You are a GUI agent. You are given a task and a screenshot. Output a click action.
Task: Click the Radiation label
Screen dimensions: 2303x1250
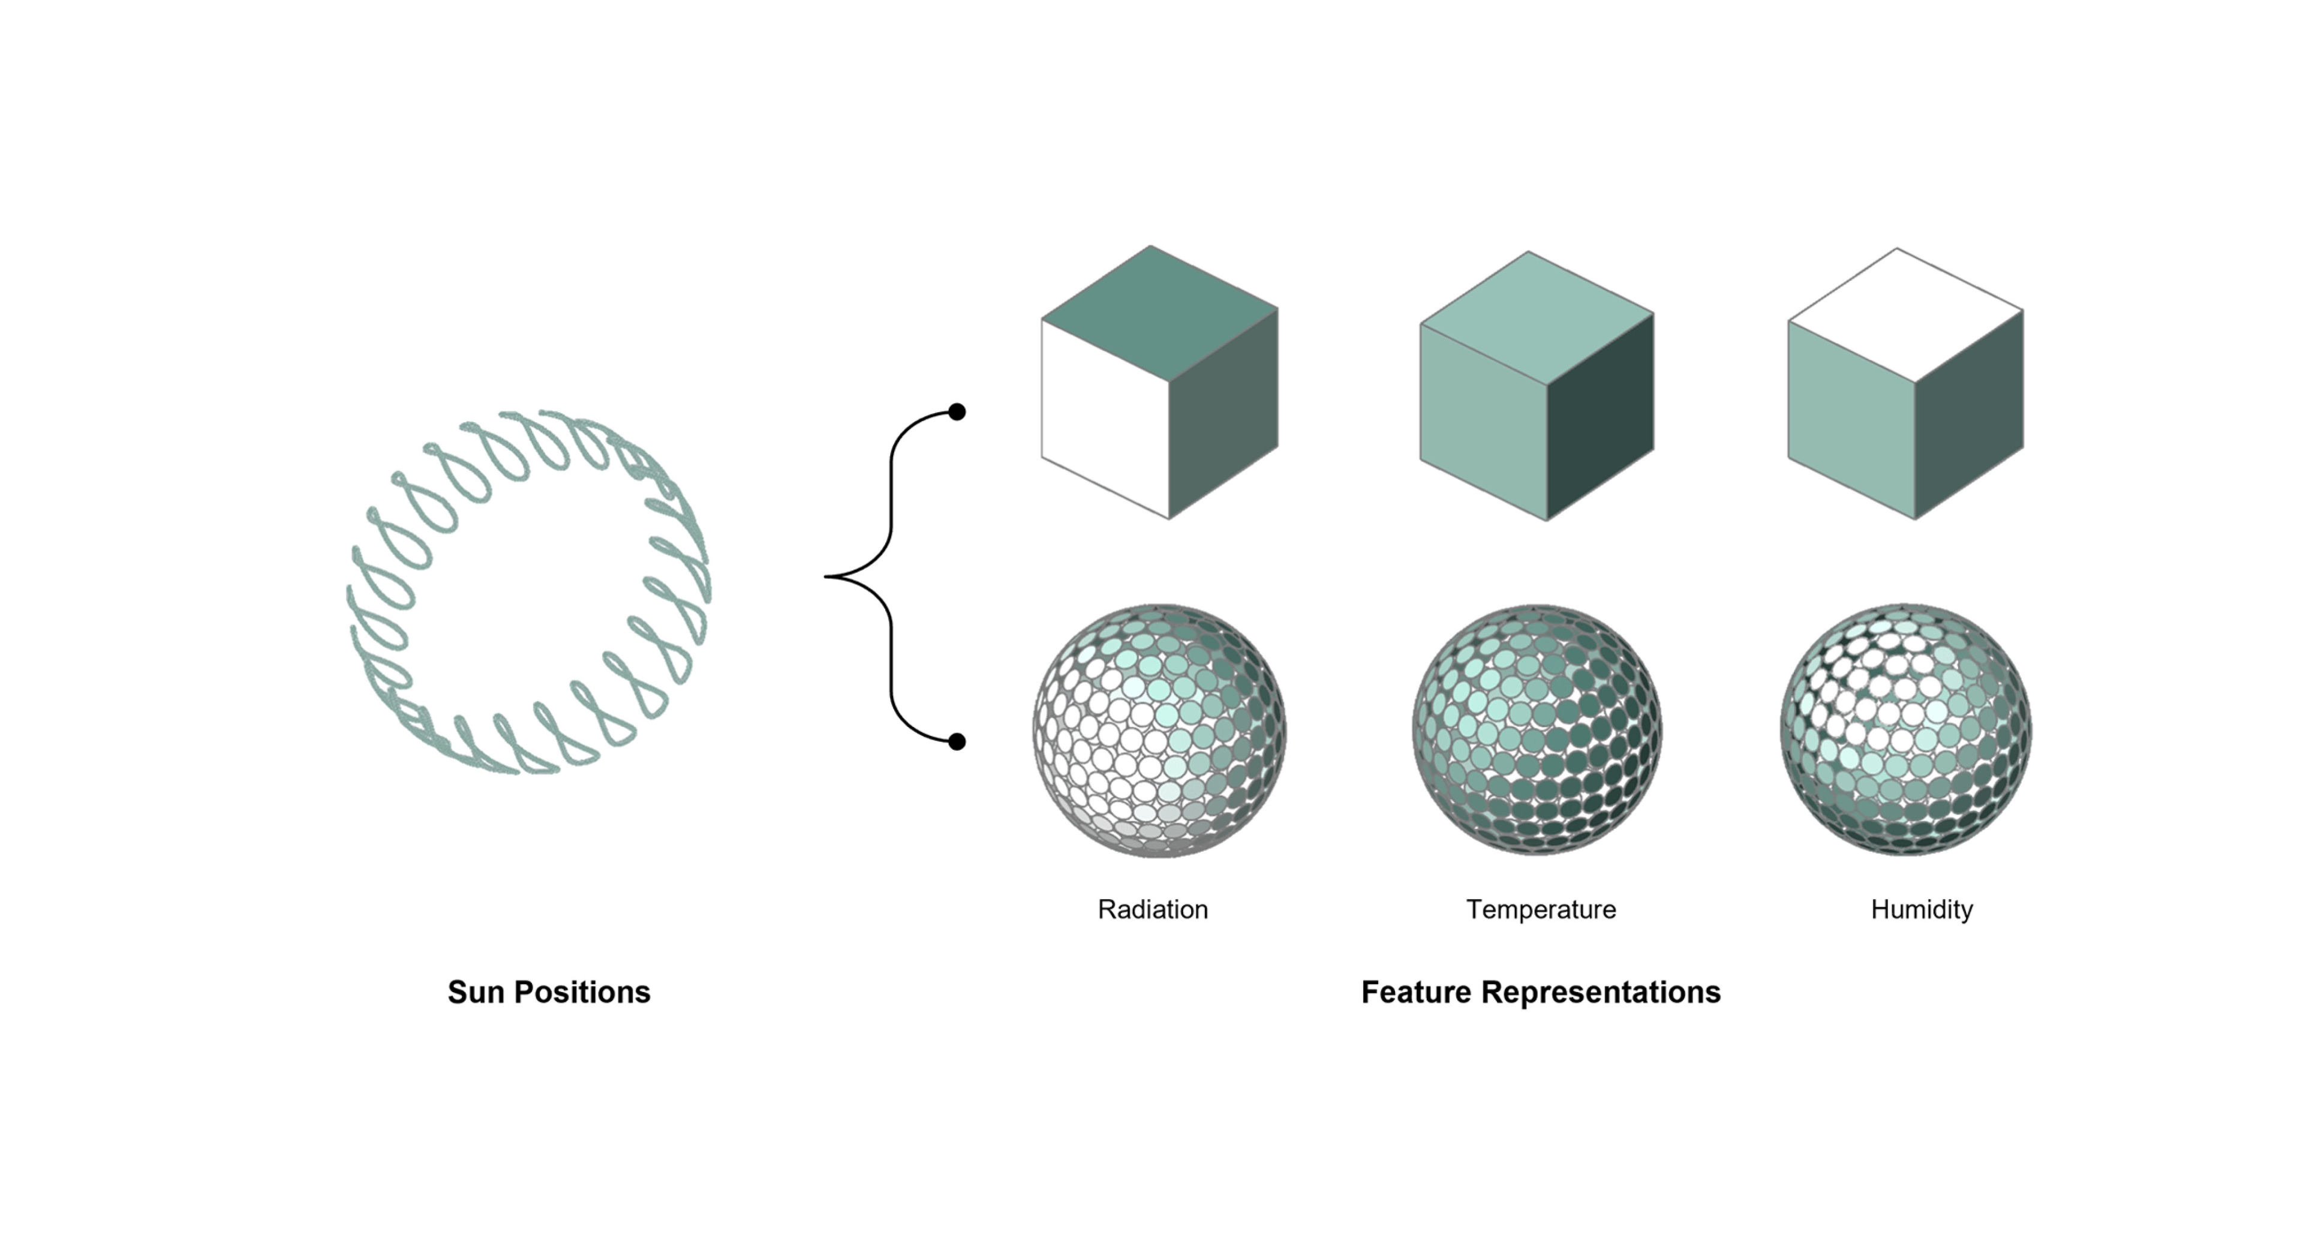point(1152,909)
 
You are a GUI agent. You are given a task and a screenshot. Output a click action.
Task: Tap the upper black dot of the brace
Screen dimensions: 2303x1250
point(957,411)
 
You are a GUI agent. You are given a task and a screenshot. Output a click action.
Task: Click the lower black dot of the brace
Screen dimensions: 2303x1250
point(957,741)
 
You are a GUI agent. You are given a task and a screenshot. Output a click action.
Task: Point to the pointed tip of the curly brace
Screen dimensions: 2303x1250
point(825,577)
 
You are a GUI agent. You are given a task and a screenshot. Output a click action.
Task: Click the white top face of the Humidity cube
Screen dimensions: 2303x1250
point(1905,315)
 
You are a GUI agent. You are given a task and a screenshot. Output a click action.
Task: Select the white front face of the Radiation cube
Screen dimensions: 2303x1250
point(1105,419)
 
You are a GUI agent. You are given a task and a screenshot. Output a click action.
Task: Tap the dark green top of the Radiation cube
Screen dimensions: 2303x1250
point(1159,313)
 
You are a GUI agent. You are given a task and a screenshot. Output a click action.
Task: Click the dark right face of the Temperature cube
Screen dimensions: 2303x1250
point(1600,417)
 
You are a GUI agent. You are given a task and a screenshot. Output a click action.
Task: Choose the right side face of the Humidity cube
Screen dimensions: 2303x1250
point(1968,415)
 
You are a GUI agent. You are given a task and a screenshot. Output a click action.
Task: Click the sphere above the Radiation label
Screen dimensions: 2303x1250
point(1159,731)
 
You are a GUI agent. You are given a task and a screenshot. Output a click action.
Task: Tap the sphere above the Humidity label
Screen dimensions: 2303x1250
point(1906,729)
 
